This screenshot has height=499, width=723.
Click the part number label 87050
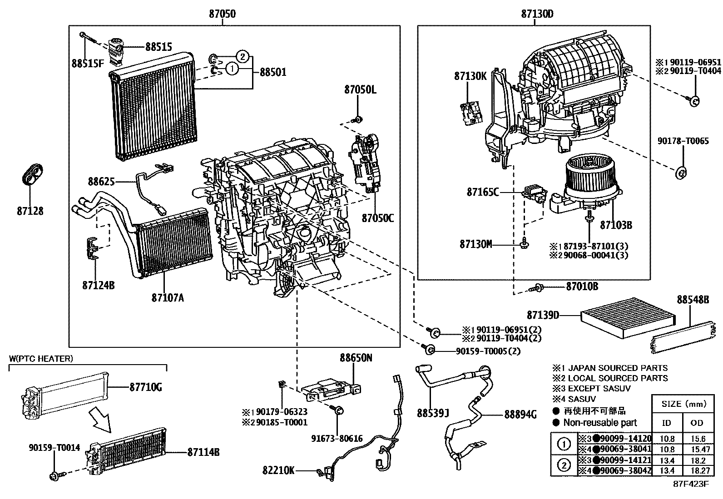222,14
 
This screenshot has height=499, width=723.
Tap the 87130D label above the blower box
537,14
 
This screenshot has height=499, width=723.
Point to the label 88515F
88,64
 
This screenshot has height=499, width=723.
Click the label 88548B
693,300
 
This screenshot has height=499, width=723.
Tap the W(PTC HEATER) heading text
41,359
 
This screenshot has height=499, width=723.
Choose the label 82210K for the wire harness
278,471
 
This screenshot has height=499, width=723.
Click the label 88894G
520,414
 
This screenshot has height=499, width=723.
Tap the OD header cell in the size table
697,423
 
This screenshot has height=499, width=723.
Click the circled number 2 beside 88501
243,57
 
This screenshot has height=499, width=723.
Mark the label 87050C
377,218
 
